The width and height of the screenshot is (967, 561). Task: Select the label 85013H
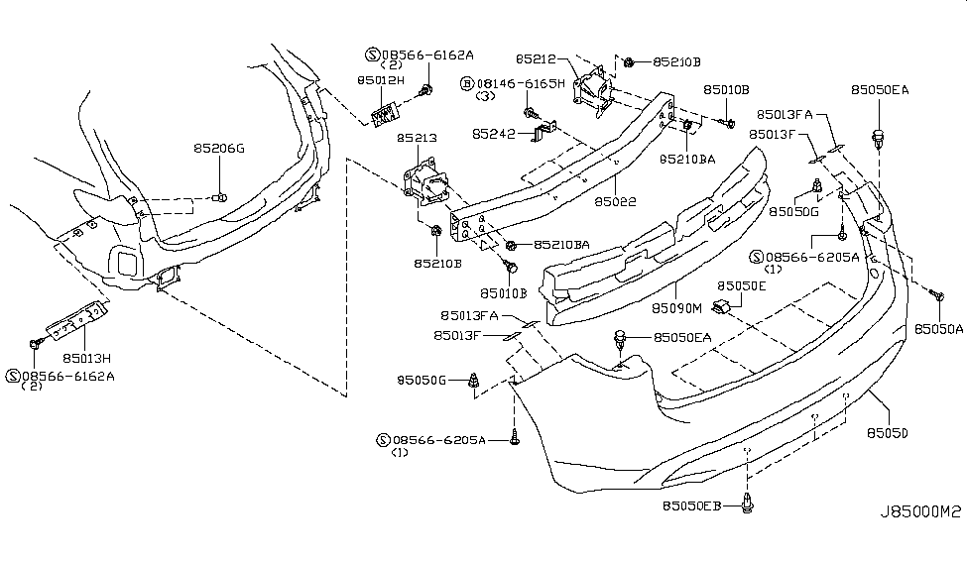point(86,357)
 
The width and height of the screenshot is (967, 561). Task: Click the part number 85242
point(493,133)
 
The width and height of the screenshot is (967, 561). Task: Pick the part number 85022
point(616,202)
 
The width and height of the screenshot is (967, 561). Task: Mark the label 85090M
point(678,308)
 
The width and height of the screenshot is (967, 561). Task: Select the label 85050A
point(938,328)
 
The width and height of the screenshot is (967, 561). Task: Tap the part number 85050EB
point(697,506)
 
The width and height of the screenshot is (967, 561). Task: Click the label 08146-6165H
point(520,85)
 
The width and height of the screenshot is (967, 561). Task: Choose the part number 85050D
point(889,433)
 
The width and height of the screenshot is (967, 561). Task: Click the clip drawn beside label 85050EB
point(747,506)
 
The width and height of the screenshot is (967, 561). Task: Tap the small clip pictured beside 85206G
point(223,198)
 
